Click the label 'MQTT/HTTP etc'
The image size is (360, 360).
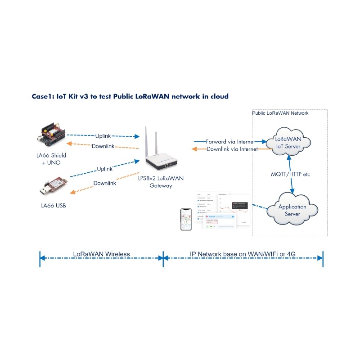point(291,174)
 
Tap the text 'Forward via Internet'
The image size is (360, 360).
point(230,141)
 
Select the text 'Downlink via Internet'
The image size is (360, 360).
point(231,149)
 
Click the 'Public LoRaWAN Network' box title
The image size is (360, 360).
point(280,113)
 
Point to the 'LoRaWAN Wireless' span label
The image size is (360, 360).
point(101,254)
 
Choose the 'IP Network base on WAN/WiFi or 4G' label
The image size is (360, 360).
point(243,254)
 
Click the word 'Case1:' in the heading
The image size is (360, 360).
point(43,96)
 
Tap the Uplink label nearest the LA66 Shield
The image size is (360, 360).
point(103,136)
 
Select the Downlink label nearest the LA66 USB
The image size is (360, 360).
point(104,183)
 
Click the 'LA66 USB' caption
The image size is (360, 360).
point(54,206)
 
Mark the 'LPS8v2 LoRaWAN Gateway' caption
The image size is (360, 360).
point(161,182)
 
